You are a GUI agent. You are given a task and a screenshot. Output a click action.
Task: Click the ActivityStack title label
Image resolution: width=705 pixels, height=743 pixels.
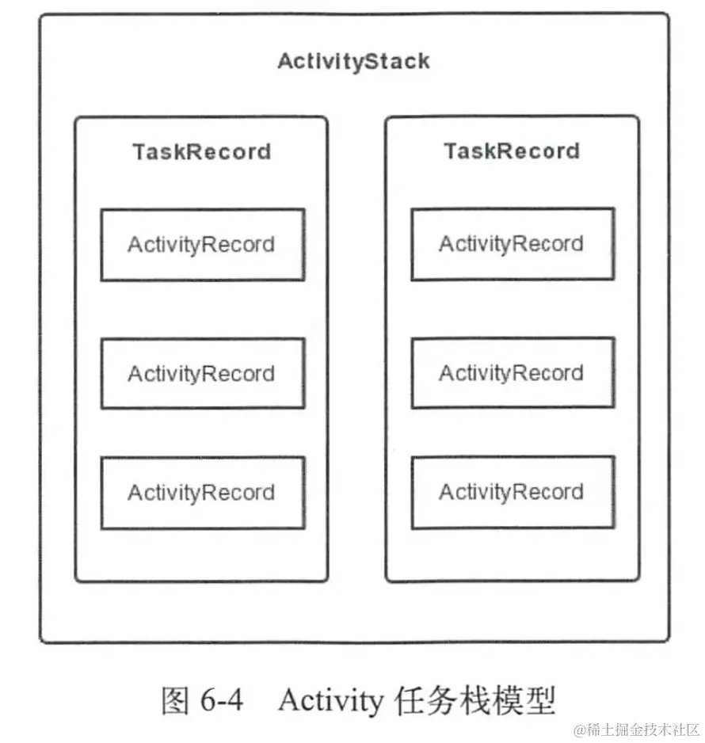(x=353, y=62)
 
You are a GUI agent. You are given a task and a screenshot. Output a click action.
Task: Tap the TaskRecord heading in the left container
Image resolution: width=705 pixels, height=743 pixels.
(x=202, y=152)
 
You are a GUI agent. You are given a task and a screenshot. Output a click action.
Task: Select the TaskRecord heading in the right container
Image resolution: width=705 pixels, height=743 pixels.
(x=512, y=151)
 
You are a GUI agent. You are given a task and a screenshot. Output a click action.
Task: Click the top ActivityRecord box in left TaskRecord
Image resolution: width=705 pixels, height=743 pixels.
(x=203, y=245)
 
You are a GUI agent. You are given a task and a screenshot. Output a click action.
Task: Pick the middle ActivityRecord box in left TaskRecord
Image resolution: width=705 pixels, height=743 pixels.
(x=203, y=373)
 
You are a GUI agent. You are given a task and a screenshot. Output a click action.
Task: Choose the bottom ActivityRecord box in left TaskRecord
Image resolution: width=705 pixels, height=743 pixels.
(x=203, y=493)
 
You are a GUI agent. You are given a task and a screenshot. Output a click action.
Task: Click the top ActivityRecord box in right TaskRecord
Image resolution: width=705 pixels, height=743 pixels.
(x=513, y=243)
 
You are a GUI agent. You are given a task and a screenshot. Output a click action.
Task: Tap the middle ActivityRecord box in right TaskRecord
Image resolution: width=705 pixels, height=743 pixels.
(x=513, y=372)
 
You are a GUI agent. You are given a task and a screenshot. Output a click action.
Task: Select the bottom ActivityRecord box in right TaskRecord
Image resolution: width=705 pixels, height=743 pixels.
(x=513, y=492)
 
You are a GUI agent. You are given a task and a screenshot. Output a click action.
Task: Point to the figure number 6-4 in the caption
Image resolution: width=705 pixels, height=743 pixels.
(x=222, y=700)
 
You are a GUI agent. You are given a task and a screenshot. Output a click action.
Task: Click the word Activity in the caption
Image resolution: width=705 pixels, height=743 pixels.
(x=330, y=701)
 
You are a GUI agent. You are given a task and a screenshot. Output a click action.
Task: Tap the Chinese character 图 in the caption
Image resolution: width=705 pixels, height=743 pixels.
(x=175, y=700)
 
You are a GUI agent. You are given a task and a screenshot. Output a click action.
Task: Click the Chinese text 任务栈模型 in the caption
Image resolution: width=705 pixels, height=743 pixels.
(x=474, y=700)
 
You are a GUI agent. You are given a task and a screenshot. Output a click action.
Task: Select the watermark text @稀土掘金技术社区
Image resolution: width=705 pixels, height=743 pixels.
(x=637, y=730)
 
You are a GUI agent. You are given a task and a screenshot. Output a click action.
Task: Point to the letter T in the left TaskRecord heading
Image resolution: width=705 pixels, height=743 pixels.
(x=140, y=151)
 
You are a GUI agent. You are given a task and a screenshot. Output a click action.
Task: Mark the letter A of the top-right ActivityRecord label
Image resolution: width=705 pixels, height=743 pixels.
(x=447, y=243)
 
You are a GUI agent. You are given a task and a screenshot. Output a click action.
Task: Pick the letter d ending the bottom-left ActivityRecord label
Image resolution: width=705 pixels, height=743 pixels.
(x=269, y=493)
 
